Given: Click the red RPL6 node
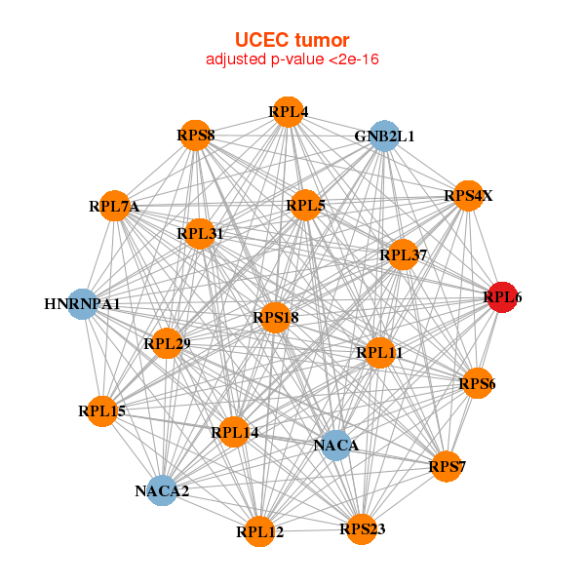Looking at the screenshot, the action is coord(501,297).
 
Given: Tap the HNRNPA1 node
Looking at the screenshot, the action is coord(84,304).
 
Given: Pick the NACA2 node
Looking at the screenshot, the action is coord(163,490).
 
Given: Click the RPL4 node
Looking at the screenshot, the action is coord(288,112).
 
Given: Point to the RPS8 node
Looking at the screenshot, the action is coord(197,135).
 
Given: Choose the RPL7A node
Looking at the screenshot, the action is coord(115,207).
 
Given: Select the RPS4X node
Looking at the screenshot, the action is coord(468,196).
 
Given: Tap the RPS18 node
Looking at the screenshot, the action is coord(275,317).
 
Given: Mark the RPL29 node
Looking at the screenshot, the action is coord(167,343).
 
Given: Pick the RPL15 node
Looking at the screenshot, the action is coord(102,411).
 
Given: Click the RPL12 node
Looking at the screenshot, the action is coord(259,531).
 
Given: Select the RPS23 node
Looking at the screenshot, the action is coord(362,529).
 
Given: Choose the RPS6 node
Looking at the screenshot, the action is coord(477,383).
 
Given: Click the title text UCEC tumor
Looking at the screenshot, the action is coord(292,40).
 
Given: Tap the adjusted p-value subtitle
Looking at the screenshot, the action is coord(292,60).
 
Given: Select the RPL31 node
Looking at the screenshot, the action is coord(201,234).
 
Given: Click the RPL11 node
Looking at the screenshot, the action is coord(379,352).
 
